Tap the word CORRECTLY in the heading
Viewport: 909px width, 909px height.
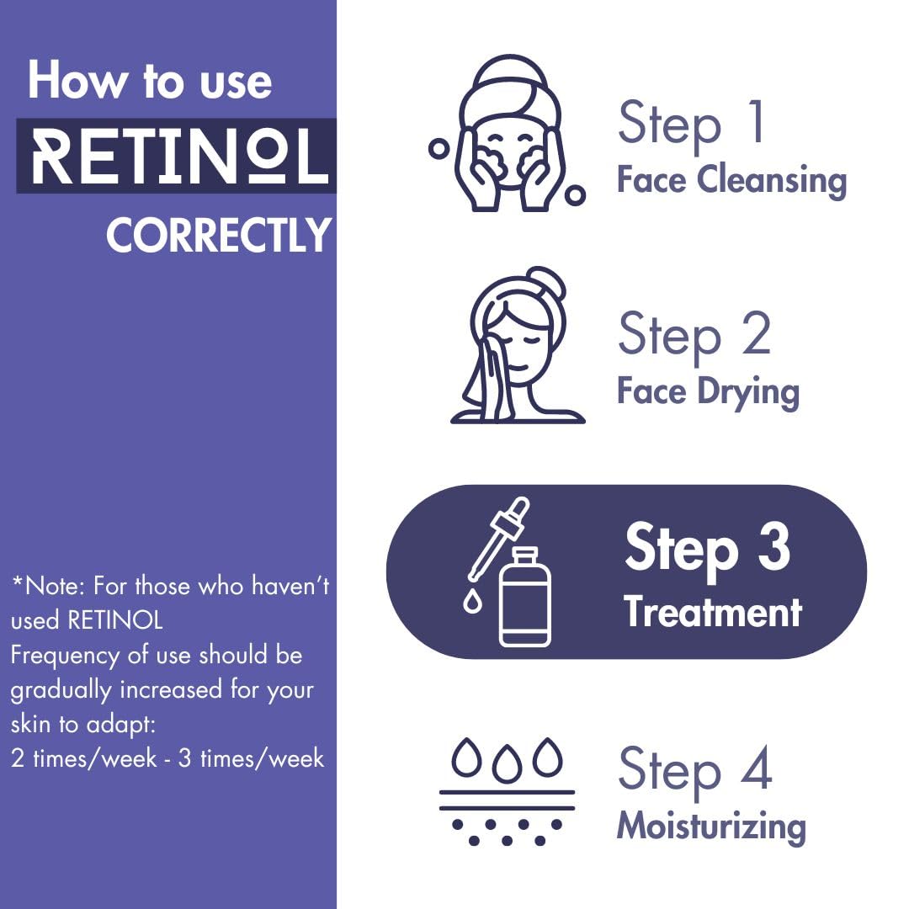click(x=219, y=236)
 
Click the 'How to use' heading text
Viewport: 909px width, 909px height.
click(x=150, y=82)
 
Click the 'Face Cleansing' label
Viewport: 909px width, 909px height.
click(x=731, y=180)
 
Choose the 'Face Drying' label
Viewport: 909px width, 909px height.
click(x=708, y=391)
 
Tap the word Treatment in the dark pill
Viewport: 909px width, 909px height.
click(x=713, y=612)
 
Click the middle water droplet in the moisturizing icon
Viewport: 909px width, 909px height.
click(x=506, y=758)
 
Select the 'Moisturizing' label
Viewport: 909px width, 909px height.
click(x=711, y=826)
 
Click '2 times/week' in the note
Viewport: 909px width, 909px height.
click(x=84, y=757)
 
